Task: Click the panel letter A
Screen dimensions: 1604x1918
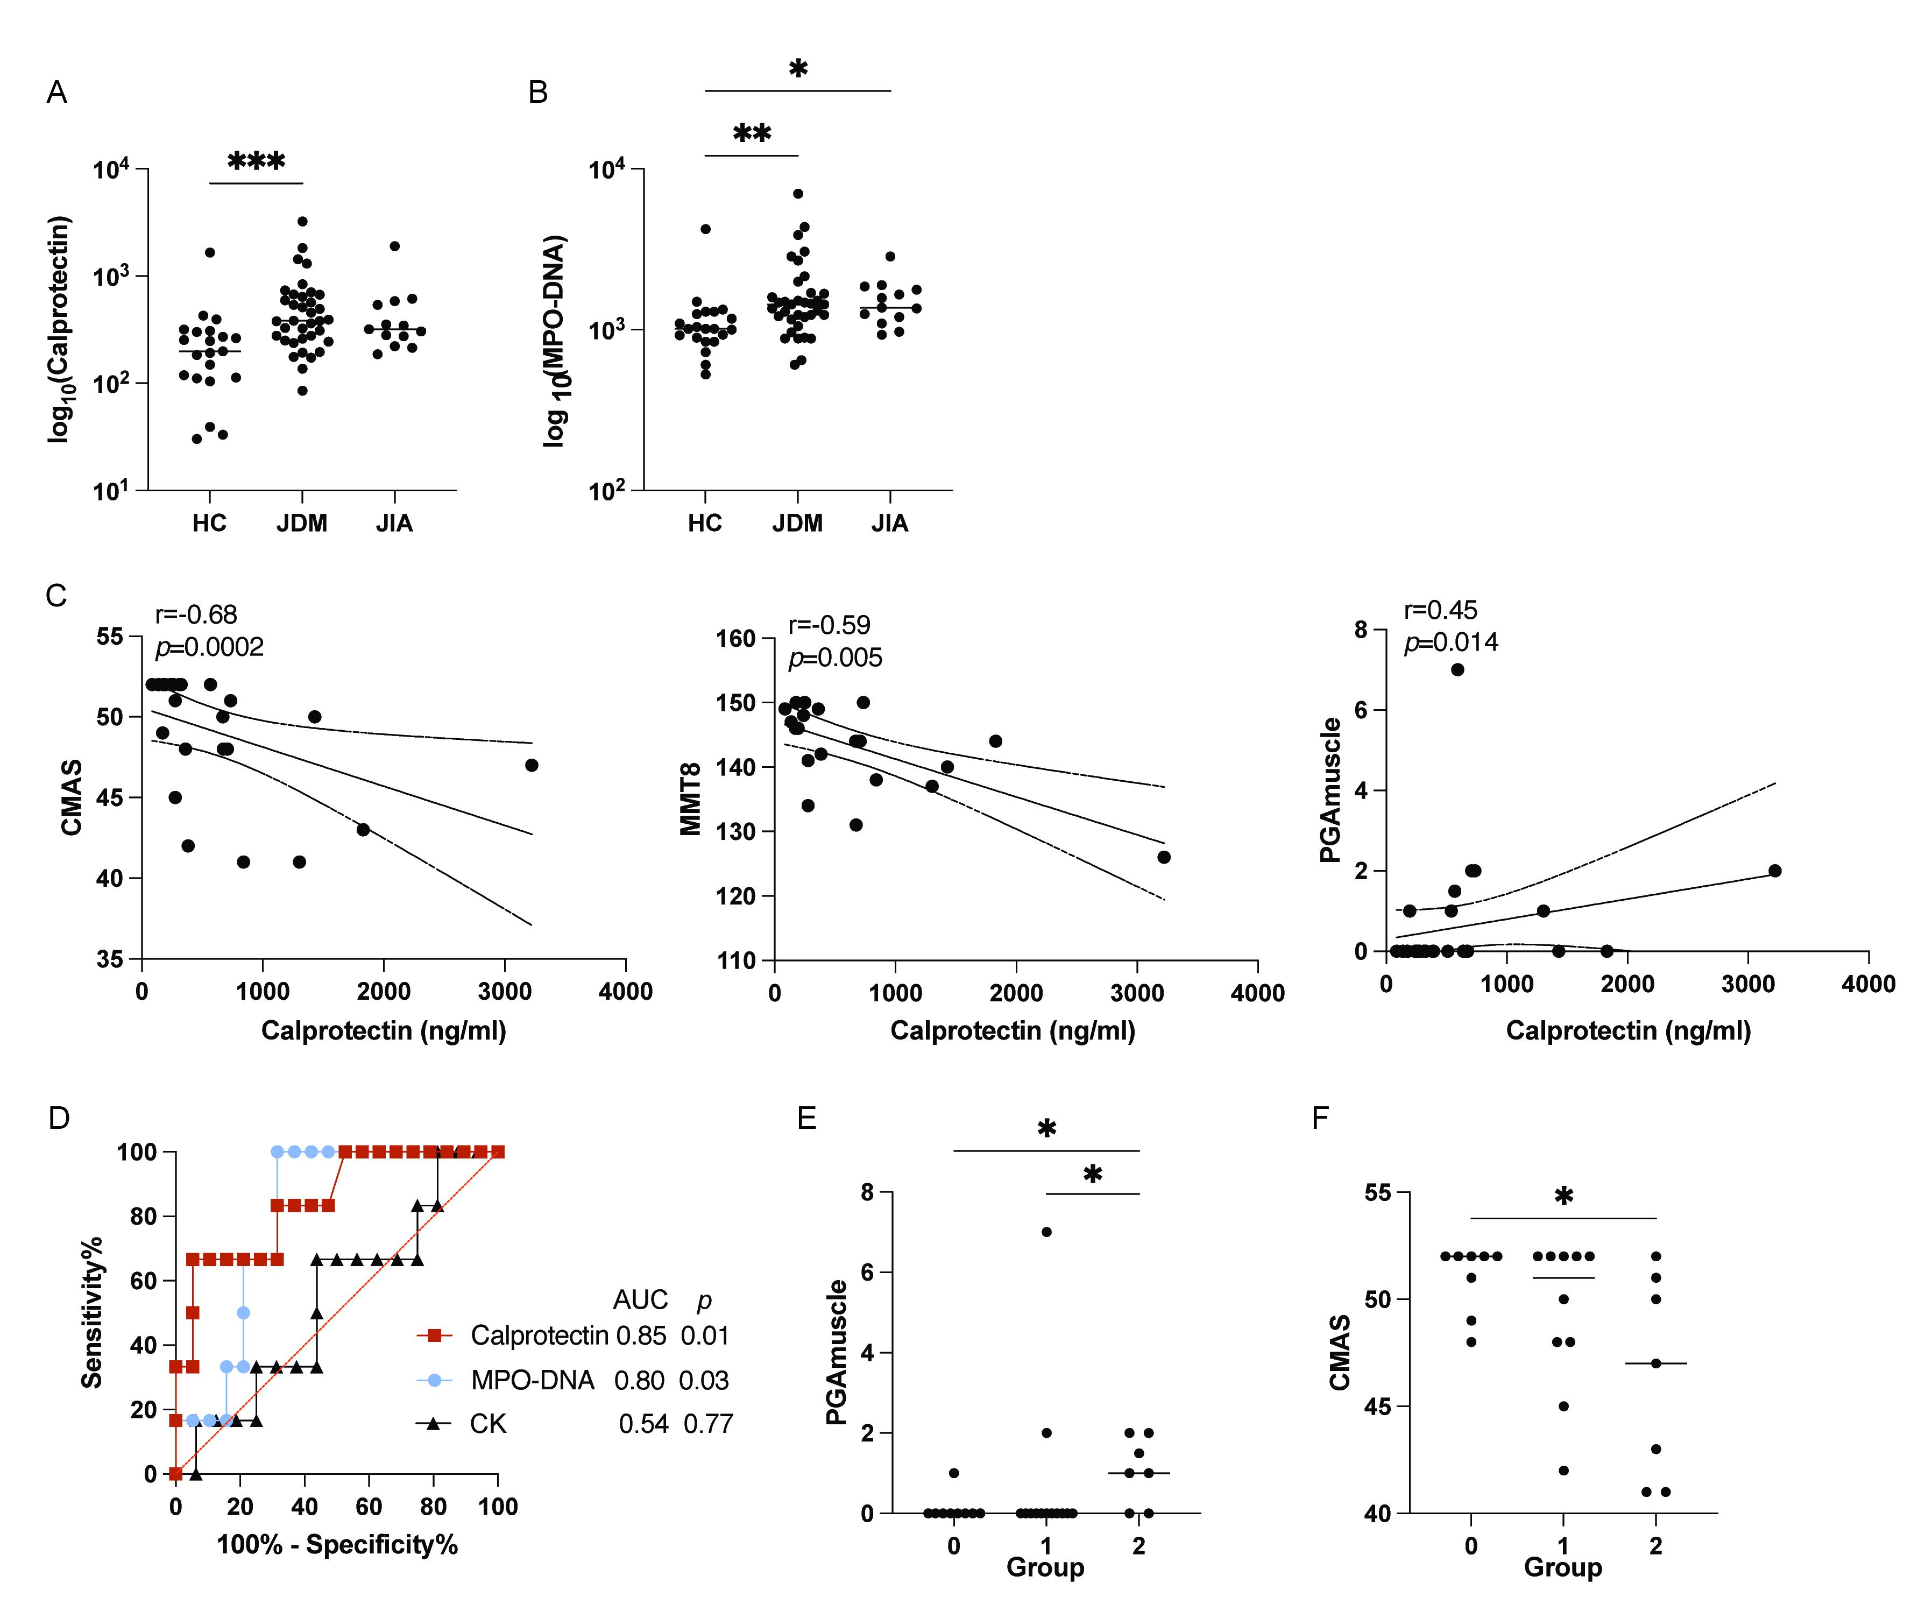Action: (56, 93)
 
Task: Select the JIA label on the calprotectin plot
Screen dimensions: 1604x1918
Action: (394, 524)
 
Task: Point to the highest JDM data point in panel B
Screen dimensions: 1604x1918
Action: (797, 194)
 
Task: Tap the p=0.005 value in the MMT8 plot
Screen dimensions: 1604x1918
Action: (835, 658)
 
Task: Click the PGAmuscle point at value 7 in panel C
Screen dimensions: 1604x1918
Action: (1457, 669)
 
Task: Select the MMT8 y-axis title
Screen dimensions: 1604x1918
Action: (691, 799)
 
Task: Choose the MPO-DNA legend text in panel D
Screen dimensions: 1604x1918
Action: (533, 1380)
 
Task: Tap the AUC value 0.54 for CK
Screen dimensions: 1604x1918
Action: (643, 1424)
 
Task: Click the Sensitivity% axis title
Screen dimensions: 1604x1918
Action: (92, 1312)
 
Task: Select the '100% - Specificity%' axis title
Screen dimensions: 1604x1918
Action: (336, 1545)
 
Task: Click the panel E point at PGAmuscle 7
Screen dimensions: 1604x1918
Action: (1046, 1231)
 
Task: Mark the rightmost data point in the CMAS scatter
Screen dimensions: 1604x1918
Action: (532, 766)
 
